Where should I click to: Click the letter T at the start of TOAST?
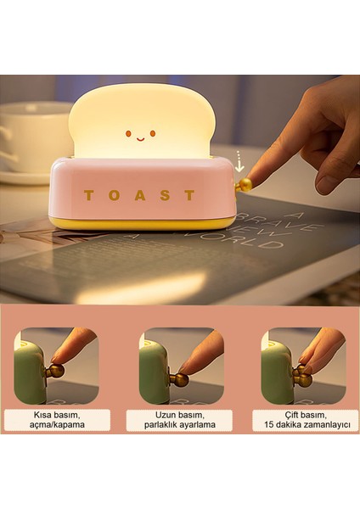tap(89, 195)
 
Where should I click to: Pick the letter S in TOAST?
tap(165, 195)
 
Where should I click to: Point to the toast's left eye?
tap(127, 133)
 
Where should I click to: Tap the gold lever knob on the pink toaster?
tap(244, 184)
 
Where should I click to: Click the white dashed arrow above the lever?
tap(240, 160)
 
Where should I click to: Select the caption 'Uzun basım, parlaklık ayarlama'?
tap(181, 419)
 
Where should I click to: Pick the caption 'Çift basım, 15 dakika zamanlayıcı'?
tap(302, 419)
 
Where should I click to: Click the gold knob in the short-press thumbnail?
tap(55, 371)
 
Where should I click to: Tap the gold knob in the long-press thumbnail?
tap(179, 378)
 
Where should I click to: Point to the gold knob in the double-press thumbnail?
tap(302, 377)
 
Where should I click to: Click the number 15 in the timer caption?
tap(271, 425)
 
